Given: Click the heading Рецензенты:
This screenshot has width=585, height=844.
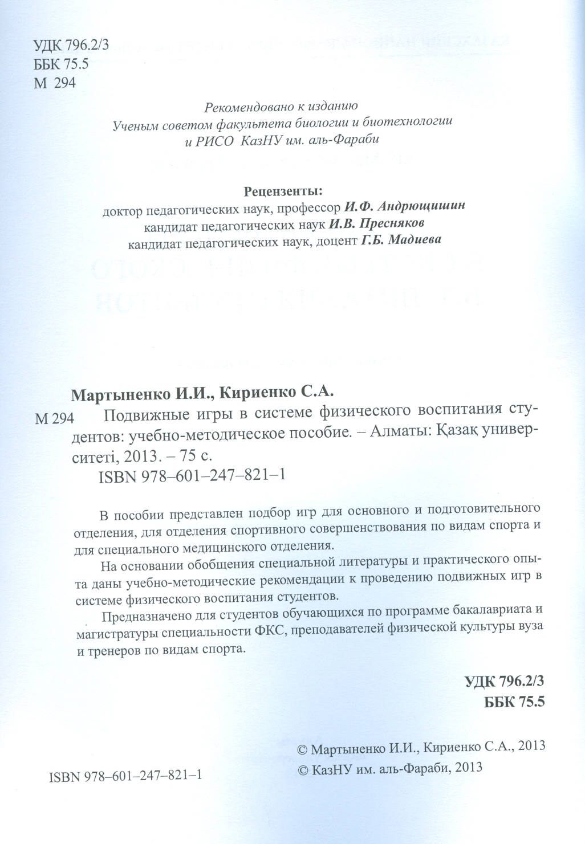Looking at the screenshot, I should click(283, 190).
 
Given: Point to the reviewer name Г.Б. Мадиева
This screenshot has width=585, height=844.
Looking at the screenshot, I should click(401, 240).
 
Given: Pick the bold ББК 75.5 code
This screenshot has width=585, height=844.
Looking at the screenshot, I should click(514, 702).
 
